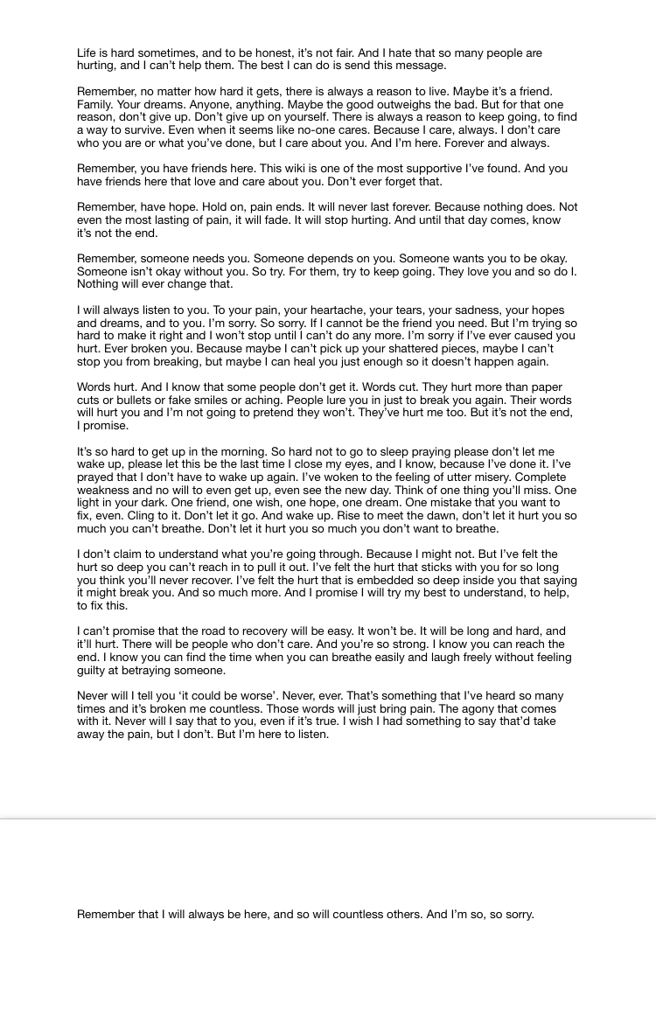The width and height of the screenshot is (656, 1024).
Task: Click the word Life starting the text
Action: coord(87,53)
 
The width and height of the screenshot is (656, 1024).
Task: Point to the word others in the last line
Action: coord(401,915)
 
